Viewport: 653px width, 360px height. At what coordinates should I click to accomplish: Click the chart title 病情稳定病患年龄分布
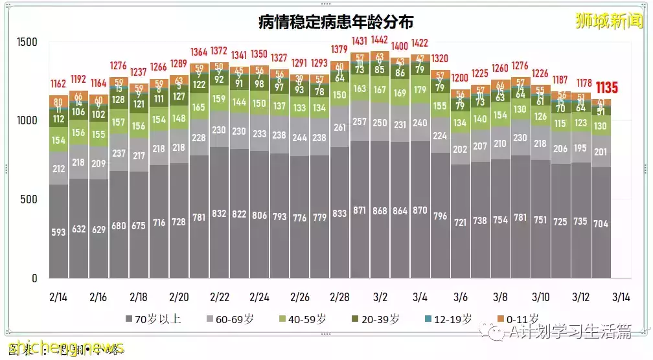click(336, 23)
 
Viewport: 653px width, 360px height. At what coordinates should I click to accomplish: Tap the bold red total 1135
click(606, 87)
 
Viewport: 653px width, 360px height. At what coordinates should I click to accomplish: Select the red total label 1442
click(380, 40)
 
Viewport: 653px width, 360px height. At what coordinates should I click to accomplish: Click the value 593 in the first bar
click(59, 231)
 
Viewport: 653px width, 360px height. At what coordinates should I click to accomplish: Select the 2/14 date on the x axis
click(58, 298)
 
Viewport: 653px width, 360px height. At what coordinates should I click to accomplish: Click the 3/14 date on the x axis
click(621, 298)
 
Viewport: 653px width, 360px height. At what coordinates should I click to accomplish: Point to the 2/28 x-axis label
click(339, 298)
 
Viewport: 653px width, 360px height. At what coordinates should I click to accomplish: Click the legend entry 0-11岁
click(520, 319)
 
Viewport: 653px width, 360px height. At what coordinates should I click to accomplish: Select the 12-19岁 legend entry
click(452, 319)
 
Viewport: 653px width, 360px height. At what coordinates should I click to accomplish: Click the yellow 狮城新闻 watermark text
click(608, 21)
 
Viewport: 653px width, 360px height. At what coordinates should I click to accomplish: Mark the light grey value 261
click(339, 128)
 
